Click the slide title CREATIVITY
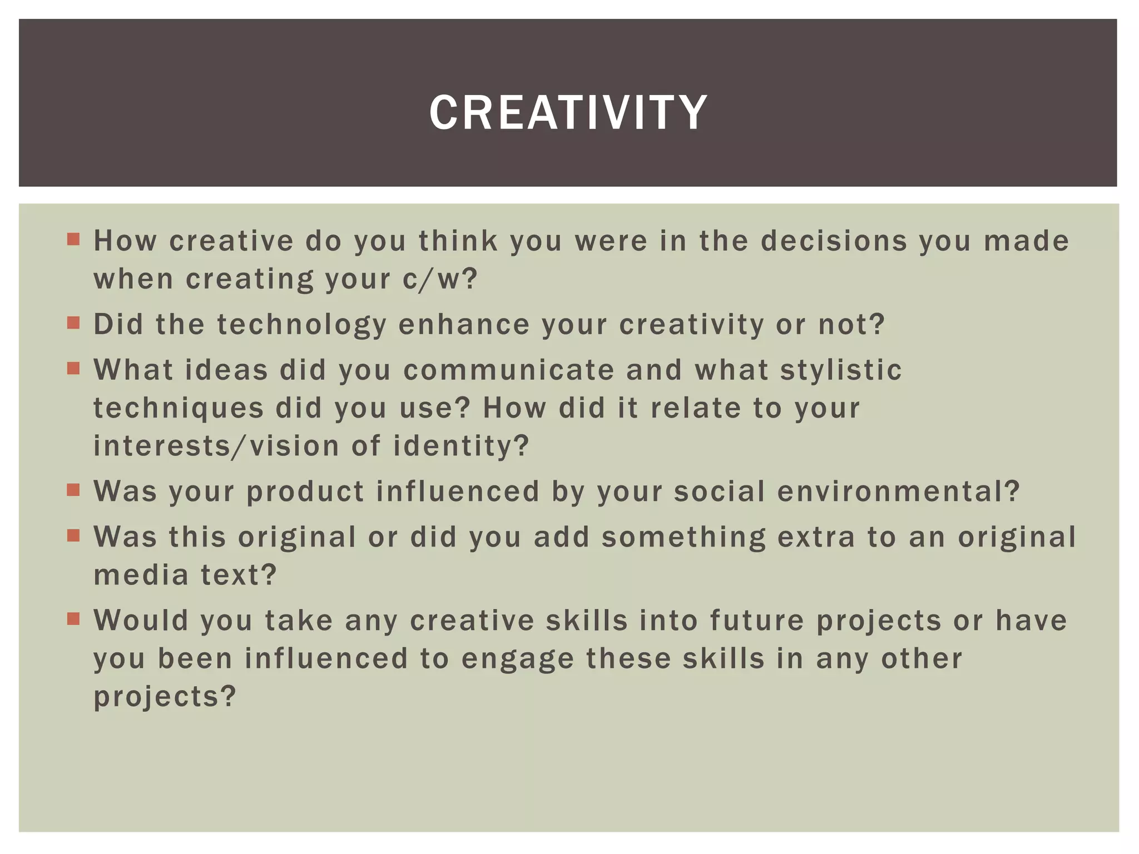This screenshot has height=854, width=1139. (568, 113)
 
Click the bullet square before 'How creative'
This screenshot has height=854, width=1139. (73, 240)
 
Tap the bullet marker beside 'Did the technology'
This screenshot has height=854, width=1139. (73, 323)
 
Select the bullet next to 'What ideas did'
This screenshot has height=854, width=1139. (73, 369)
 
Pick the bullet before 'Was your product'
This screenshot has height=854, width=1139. (73, 490)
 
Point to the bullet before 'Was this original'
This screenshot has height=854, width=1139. (73, 535)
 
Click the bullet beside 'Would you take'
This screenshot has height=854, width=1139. (73, 619)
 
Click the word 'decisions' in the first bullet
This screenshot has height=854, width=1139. (834, 241)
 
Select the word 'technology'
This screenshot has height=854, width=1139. (301, 325)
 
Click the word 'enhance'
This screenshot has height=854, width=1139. (464, 325)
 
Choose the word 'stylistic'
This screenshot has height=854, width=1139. (840, 370)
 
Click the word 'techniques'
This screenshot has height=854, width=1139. (179, 409)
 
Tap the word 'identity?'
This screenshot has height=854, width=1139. (461, 446)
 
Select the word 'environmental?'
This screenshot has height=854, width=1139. (898, 491)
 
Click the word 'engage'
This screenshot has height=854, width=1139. (518, 659)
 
